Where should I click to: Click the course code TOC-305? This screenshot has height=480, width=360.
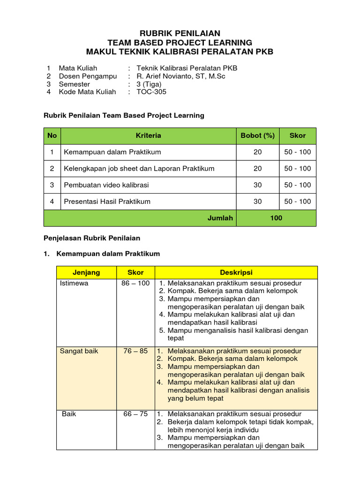tap(151, 92)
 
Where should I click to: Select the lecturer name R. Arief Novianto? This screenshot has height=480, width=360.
tap(180, 76)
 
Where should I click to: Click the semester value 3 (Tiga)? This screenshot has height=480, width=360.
tap(149, 84)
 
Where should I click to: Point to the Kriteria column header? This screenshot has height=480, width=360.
tap(148, 135)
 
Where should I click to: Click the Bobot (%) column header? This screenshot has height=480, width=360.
tap(257, 135)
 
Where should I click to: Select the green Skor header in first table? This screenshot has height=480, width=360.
tap(297, 135)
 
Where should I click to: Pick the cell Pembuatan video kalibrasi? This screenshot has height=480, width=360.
tap(106, 185)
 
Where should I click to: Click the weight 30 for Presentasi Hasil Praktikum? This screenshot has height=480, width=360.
tap(257, 202)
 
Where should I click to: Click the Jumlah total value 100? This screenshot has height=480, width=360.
tap(276, 218)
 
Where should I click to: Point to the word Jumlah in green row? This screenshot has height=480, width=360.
tap(220, 218)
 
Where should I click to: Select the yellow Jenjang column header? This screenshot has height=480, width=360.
tap(86, 272)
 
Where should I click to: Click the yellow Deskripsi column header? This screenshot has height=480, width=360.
tap(236, 272)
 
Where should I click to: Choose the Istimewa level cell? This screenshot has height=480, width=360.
tap(74, 284)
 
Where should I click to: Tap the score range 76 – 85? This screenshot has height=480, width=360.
tap(135, 351)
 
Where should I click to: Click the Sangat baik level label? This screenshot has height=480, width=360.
tap(79, 351)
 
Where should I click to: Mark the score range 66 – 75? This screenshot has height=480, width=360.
tap(135, 414)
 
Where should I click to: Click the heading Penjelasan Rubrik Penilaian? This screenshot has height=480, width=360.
tap(92, 238)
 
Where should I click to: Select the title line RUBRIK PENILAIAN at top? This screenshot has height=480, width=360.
tap(180, 33)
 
